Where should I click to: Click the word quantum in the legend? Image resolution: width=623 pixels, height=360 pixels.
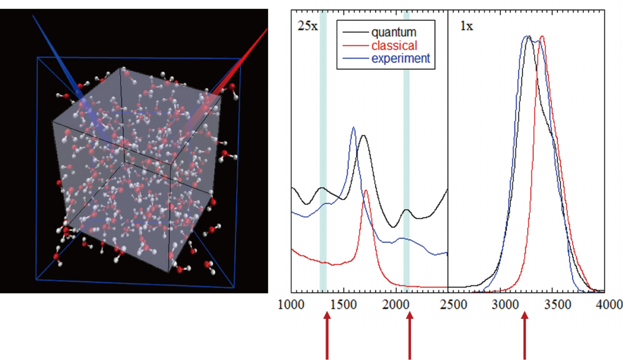(x=394, y=32)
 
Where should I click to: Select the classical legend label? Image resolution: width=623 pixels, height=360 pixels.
(x=394, y=46)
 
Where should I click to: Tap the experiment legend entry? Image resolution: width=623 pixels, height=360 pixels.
(x=400, y=58)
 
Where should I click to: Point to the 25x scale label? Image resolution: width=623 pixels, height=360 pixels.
(x=308, y=26)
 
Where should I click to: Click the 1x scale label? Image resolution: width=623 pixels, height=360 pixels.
(x=466, y=26)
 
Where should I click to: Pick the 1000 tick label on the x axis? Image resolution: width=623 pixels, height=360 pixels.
(x=291, y=305)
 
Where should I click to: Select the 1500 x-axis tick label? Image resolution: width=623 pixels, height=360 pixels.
(x=343, y=305)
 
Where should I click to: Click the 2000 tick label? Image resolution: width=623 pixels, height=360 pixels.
(x=395, y=305)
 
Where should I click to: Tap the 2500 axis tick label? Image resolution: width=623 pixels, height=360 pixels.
(x=453, y=305)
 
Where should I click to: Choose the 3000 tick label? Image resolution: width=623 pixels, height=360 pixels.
(x=505, y=305)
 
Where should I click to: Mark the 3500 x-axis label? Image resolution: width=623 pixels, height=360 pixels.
(x=557, y=305)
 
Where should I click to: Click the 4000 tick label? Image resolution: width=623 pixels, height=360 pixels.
(x=609, y=305)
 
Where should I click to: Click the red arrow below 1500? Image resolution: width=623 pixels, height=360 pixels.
(x=327, y=335)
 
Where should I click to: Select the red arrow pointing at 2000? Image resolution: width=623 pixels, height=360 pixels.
(x=409, y=335)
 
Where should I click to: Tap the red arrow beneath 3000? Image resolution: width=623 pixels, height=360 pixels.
(x=525, y=335)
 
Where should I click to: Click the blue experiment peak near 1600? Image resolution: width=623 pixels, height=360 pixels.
(x=353, y=128)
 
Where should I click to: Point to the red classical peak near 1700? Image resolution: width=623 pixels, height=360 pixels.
(x=366, y=191)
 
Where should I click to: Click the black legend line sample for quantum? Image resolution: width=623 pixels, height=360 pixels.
(x=355, y=32)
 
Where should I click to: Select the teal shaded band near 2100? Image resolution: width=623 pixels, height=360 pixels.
(x=406, y=151)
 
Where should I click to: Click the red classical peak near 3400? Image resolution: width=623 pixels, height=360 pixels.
(x=542, y=36)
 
